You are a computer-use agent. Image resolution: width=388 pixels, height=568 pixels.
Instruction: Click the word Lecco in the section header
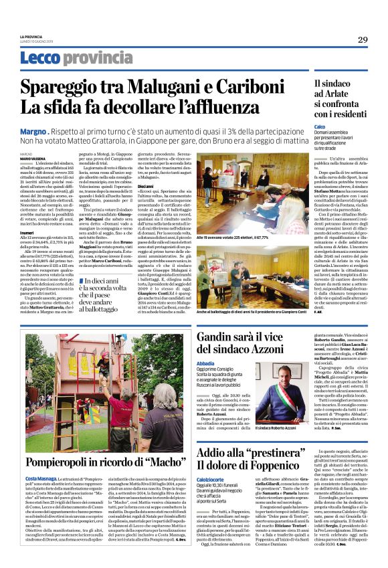click(39, 58)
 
